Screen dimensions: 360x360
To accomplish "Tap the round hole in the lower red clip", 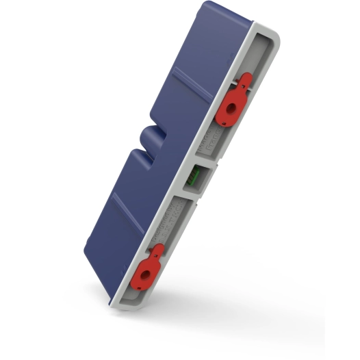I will point(144,271).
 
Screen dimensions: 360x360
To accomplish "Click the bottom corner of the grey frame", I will point(120,305).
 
